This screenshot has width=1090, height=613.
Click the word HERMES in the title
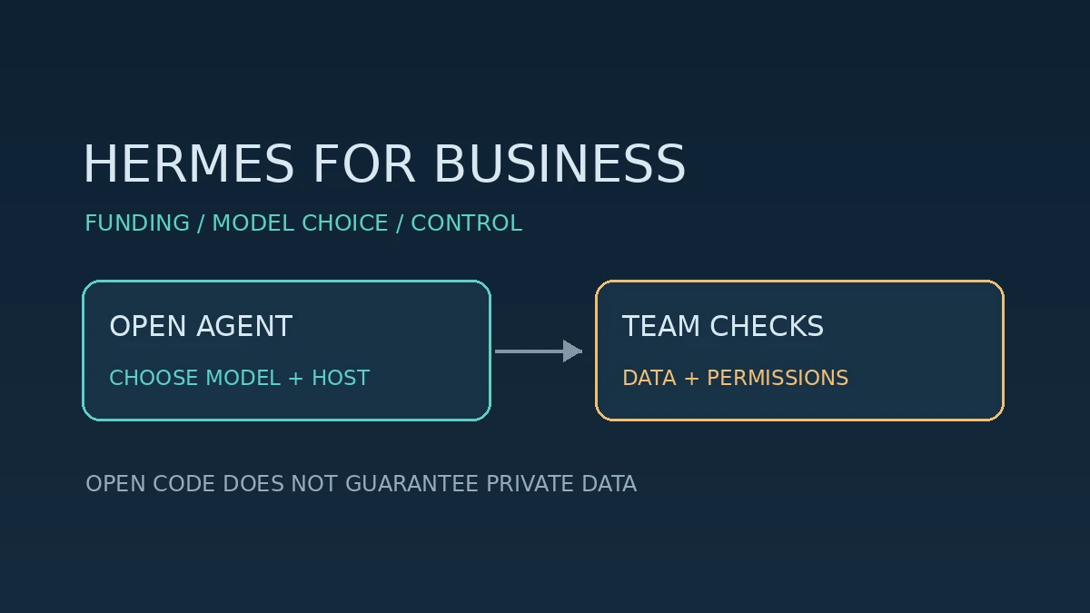pos(189,163)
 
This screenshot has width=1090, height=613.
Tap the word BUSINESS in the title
pos(560,163)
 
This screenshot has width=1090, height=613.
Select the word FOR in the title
pos(364,163)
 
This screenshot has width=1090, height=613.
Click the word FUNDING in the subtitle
pos(137,223)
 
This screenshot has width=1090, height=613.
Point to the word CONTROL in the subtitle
pos(467,223)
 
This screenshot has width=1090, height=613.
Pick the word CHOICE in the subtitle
pos(345,223)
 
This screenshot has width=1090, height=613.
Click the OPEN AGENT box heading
pos(201,326)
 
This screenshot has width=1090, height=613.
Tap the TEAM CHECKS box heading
pos(723,326)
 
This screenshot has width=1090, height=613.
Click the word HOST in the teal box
pos(341,378)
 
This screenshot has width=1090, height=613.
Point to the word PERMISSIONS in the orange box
pos(778,378)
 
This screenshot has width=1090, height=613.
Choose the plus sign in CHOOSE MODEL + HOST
pos(296,379)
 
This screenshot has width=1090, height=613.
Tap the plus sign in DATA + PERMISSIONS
pos(691,379)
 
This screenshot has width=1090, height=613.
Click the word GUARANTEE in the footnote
pos(411,483)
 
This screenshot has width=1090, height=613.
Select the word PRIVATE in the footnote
pos(530,483)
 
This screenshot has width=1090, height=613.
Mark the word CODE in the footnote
pos(183,483)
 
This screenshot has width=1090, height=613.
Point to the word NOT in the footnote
pos(314,483)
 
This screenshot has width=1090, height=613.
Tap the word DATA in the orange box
pos(649,378)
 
